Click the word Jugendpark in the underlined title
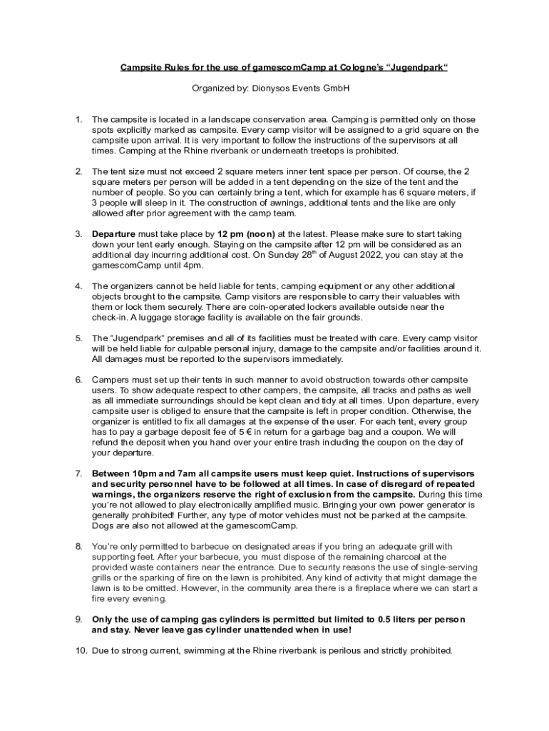coord(419,68)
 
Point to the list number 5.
coord(79,338)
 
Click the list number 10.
coord(81,651)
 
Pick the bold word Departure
coord(115,233)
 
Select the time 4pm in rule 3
coord(191,265)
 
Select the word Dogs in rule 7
coord(103,525)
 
